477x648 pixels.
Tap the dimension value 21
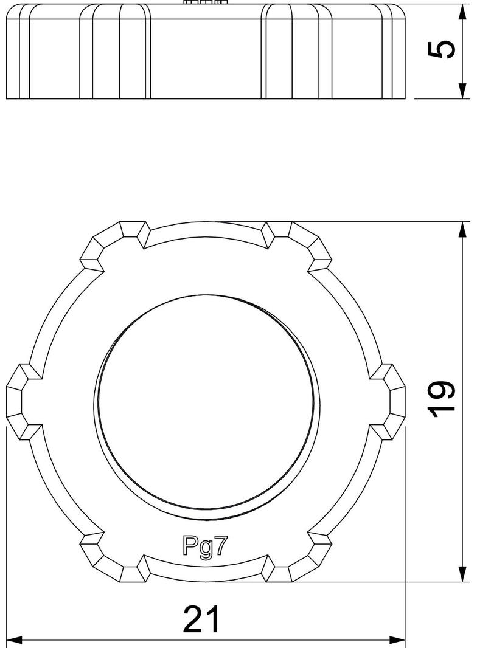click(201, 620)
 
